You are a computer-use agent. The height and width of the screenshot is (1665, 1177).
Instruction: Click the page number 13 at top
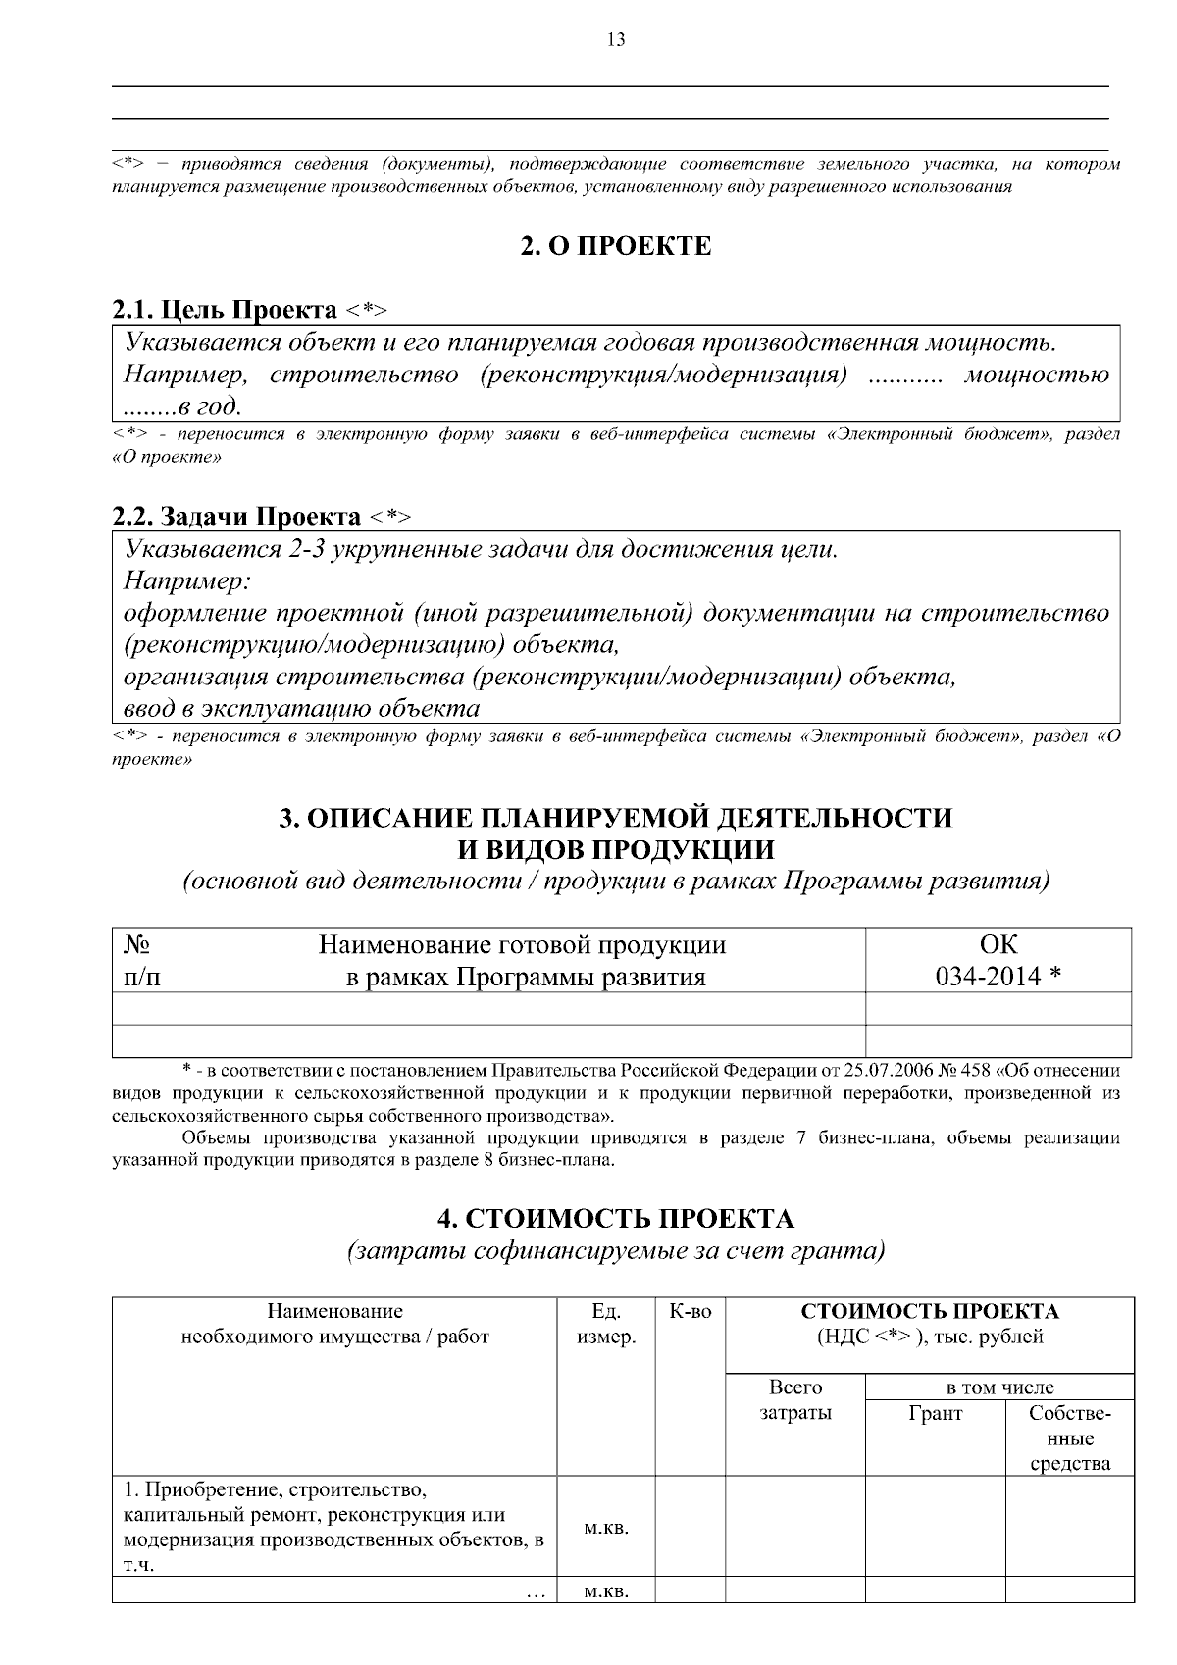click(616, 40)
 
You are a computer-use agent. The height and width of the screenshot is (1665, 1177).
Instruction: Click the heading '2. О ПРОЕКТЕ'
click(615, 246)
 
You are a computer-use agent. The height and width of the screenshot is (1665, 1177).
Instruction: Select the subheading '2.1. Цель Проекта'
click(225, 311)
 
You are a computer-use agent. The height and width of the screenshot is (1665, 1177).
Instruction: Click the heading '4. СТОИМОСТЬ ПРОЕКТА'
click(615, 1219)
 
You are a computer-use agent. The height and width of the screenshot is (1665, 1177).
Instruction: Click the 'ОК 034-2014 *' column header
click(998, 960)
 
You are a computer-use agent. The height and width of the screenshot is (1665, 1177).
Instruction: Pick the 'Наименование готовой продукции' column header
click(522, 945)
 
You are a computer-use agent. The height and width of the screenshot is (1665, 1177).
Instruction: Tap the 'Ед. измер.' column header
click(605, 1324)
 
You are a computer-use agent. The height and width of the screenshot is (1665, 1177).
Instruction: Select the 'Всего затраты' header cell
click(794, 1400)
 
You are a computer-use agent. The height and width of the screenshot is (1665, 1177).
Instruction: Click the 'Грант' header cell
click(936, 1413)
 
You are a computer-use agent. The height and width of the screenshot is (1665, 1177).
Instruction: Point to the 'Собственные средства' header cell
click(1069, 1438)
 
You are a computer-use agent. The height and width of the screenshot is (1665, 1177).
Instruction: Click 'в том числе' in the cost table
click(998, 1387)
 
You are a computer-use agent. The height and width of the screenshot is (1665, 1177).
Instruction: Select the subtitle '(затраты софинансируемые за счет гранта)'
click(615, 1251)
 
